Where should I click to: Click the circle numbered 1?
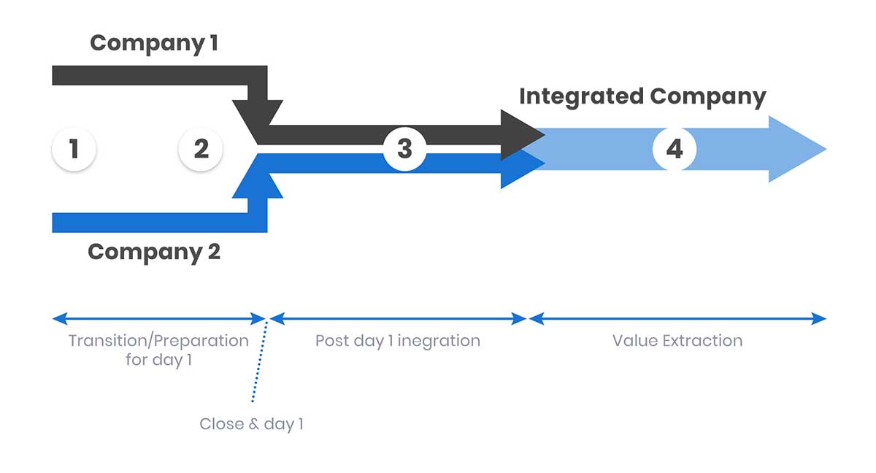(x=74, y=150)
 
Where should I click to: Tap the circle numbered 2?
(x=201, y=150)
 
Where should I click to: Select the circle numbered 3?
(x=404, y=150)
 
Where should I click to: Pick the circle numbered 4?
(x=674, y=150)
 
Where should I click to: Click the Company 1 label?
(x=153, y=43)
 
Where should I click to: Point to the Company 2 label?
(x=153, y=252)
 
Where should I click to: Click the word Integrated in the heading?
(x=581, y=97)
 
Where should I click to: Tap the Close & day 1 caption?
(x=251, y=424)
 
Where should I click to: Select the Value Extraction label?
(x=677, y=341)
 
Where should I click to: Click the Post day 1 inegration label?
(x=398, y=341)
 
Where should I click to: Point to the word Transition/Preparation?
(x=158, y=341)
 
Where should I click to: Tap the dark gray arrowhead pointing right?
(x=522, y=134)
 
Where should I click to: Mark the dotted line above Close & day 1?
(x=260, y=361)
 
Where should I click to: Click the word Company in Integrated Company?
(x=707, y=97)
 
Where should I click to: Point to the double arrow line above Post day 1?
(x=398, y=319)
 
